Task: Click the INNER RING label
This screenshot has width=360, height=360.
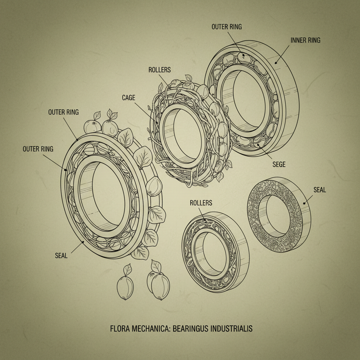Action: [x=305, y=40]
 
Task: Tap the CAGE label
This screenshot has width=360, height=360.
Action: [x=128, y=98]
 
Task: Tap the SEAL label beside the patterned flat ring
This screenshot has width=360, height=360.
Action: [x=319, y=190]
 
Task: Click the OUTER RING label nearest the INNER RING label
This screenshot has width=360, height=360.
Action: [x=226, y=27]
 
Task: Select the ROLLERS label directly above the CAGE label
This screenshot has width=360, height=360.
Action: [x=160, y=70]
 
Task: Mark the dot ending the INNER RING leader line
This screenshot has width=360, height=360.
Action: [x=276, y=63]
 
